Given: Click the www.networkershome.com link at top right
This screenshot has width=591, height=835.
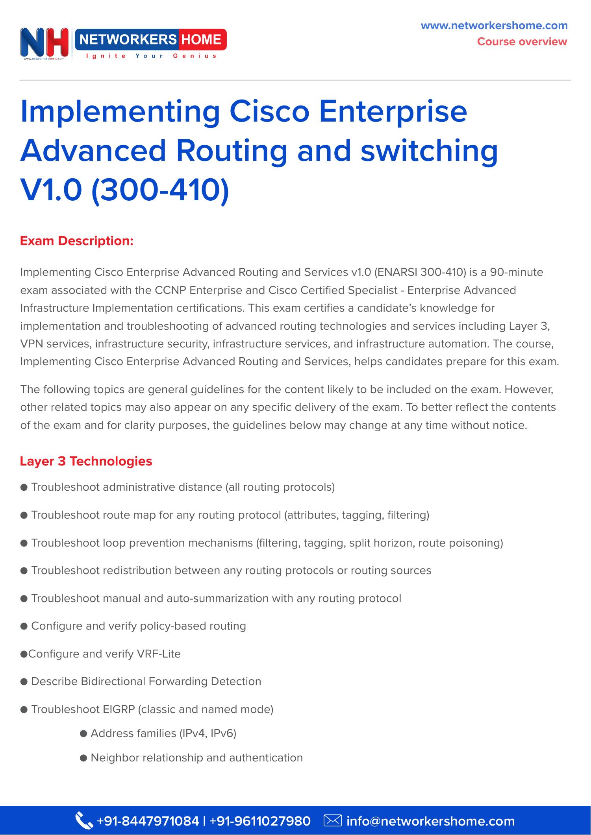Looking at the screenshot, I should [x=494, y=26].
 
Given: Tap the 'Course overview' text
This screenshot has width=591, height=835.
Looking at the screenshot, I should [x=522, y=42].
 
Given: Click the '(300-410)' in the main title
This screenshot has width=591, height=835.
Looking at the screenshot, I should [x=160, y=190].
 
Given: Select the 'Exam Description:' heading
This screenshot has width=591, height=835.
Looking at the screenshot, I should [x=77, y=241].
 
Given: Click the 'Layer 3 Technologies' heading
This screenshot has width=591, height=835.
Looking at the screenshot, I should [x=86, y=461].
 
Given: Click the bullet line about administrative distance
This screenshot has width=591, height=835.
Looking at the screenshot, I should [x=183, y=487].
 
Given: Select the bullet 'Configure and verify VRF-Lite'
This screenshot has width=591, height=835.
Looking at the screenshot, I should [x=104, y=654].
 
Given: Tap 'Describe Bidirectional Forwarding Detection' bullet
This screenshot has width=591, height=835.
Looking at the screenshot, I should [x=146, y=681].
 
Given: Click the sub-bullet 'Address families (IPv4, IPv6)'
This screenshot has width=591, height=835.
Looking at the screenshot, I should [x=163, y=733].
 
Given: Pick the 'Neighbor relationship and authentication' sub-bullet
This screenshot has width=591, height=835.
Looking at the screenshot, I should [x=196, y=758].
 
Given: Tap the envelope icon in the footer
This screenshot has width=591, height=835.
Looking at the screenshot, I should [x=332, y=820].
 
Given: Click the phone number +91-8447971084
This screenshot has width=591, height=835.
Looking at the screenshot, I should [x=148, y=821].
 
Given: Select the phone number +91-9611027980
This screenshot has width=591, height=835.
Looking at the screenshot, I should [x=260, y=821].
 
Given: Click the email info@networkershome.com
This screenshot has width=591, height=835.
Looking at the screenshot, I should [x=430, y=821].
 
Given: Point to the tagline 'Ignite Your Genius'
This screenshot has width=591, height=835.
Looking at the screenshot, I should [x=151, y=56].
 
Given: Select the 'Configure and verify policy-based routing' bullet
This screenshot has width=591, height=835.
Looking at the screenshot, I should [x=138, y=626].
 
